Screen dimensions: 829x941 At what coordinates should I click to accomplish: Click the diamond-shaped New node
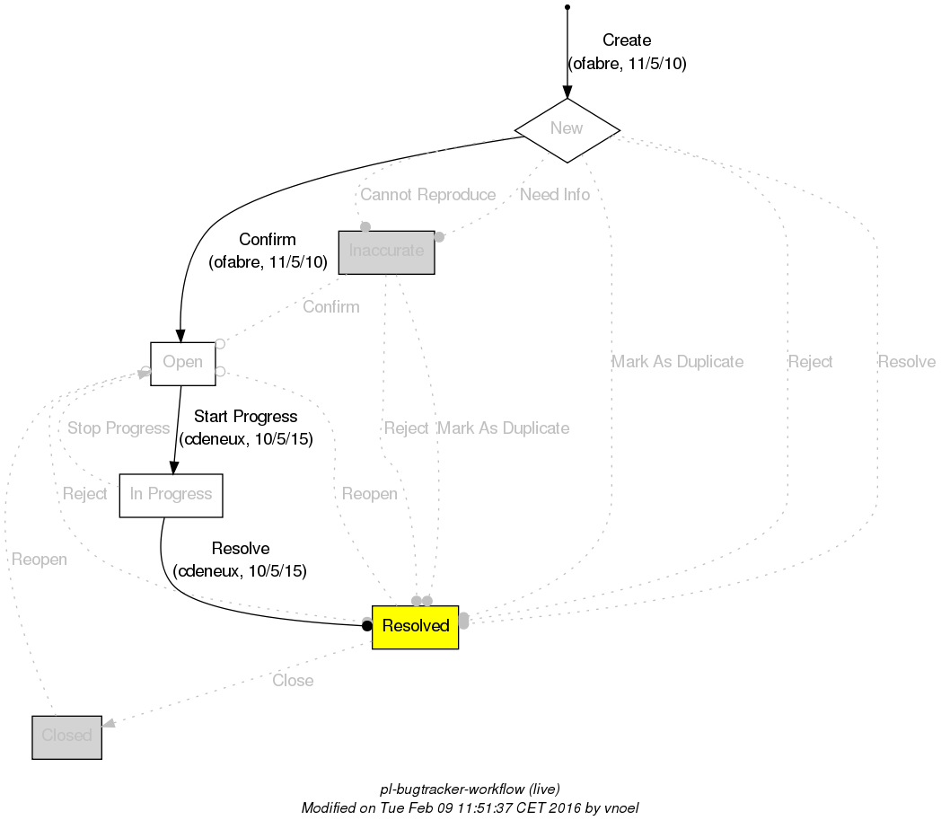pyautogui.click(x=567, y=129)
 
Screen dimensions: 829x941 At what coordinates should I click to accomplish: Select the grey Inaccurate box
pyautogui.click(x=386, y=251)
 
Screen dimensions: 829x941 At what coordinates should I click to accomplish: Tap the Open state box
pyautogui.click(x=182, y=363)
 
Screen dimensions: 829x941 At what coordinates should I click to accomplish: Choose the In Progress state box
pyautogui.click(x=171, y=495)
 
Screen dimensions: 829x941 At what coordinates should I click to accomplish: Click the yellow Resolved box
pyautogui.click(x=415, y=626)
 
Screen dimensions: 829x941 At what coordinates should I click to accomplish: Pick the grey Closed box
pyautogui.click(x=66, y=736)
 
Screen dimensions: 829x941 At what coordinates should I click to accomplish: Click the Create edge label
pyautogui.click(x=627, y=40)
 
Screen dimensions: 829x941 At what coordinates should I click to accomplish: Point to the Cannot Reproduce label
pyautogui.click(x=427, y=195)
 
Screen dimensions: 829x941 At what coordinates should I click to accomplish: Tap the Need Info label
pyautogui.click(x=555, y=195)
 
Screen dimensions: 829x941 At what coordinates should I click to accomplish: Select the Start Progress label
pyautogui.click(x=245, y=417)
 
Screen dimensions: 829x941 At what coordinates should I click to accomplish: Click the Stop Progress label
pyautogui.click(x=119, y=428)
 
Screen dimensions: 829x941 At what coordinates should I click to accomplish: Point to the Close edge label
pyautogui.click(x=293, y=681)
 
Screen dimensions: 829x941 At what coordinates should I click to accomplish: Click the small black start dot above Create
pyautogui.click(x=567, y=7)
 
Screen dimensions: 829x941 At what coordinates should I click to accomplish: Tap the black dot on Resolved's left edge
pyautogui.click(x=366, y=626)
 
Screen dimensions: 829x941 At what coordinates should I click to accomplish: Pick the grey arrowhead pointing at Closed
pyautogui.click(x=108, y=724)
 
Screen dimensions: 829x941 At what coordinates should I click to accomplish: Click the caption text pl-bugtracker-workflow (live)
pyautogui.click(x=470, y=789)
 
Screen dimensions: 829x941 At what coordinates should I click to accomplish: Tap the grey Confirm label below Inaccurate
pyautogui.click(x=330, y=307)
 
